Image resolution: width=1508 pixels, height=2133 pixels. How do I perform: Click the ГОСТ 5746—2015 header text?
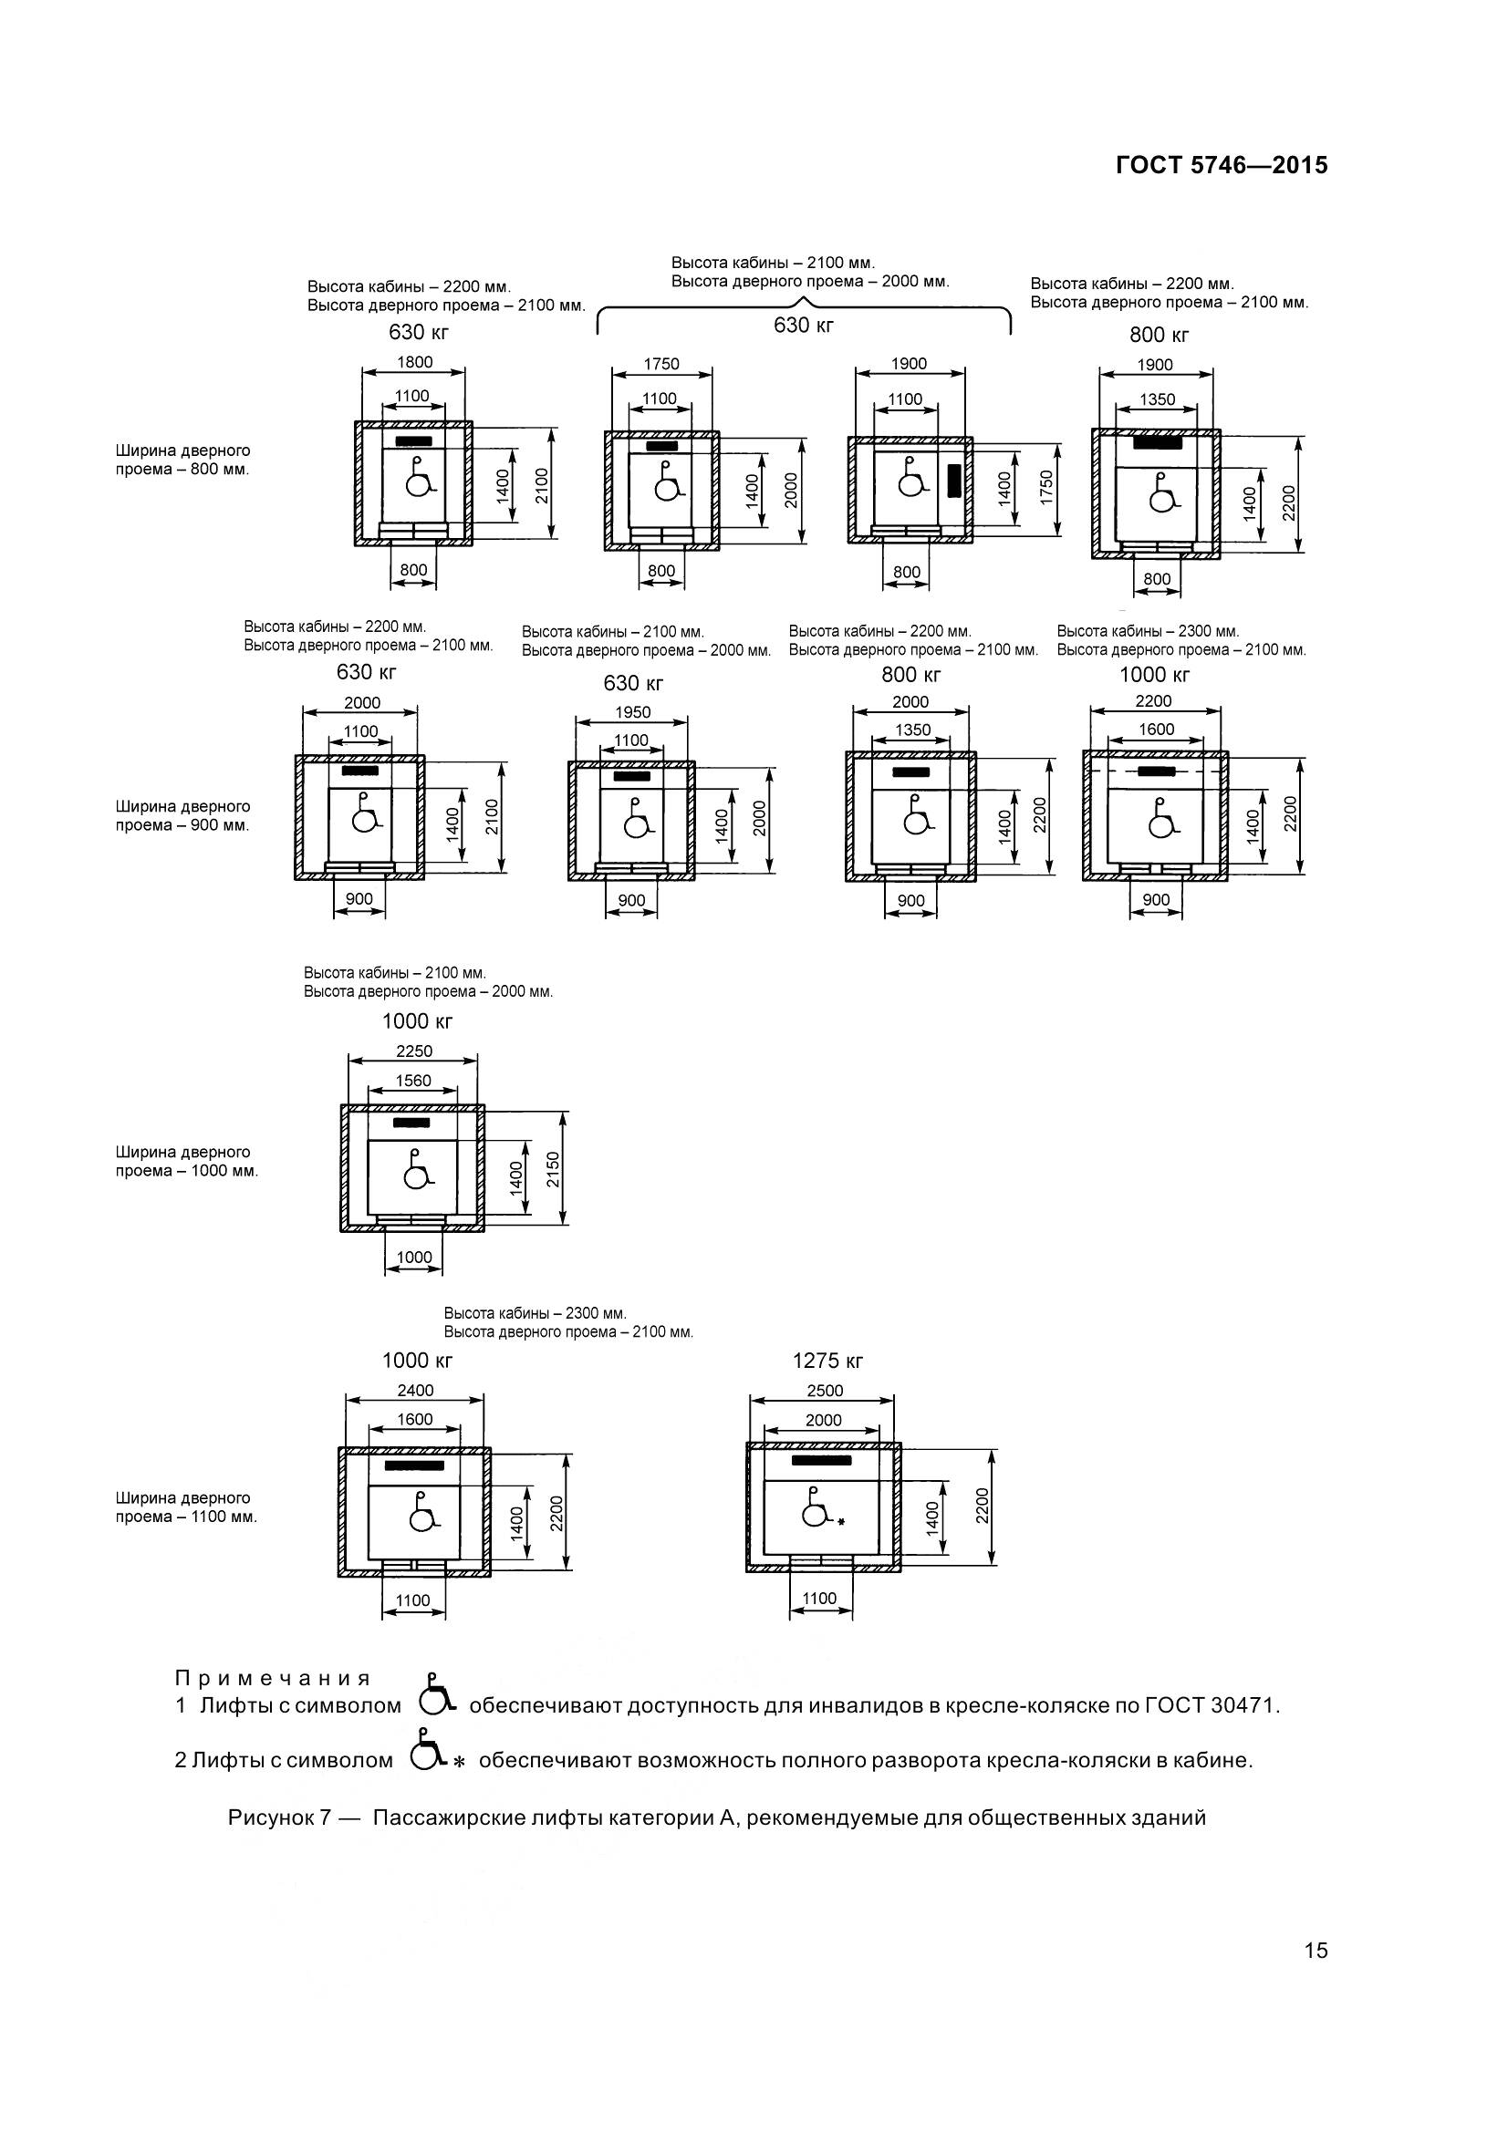[1221, 165]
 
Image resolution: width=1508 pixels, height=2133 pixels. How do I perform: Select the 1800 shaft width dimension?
[414, 362]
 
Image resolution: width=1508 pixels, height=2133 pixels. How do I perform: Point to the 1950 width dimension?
[633, 712]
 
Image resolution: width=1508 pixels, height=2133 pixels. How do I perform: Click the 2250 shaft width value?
[413, 1051]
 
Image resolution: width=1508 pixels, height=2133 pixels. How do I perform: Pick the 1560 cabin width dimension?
[413, 1080]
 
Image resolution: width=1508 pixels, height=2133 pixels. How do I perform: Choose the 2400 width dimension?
[414, 1390]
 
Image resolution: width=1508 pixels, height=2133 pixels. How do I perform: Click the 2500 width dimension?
[824, 1390]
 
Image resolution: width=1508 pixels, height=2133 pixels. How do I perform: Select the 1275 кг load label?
[827, 1361]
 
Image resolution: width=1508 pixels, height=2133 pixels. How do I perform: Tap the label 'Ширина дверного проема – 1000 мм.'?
[186, 1161]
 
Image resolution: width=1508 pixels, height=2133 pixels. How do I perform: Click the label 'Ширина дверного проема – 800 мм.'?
[182, 460]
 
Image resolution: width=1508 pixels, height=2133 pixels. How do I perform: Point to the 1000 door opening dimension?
[414, 1257]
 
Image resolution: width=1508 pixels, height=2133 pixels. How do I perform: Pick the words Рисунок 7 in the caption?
[280, 1818]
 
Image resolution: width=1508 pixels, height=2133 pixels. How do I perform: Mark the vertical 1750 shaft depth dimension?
[1046, 487]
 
